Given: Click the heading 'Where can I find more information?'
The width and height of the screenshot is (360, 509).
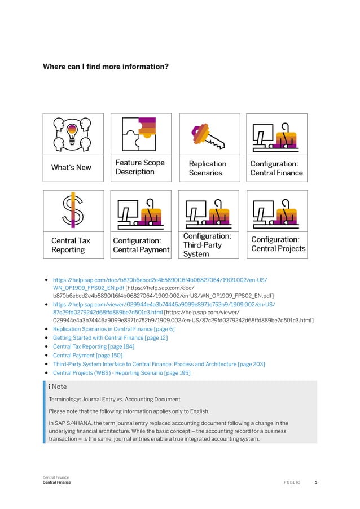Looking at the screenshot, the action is (106, 67).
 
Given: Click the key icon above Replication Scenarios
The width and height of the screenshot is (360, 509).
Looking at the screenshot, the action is (208, 135).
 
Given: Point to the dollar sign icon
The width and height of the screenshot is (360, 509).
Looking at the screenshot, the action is (73, 209).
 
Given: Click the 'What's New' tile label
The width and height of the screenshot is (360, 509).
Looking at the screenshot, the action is (71, 168).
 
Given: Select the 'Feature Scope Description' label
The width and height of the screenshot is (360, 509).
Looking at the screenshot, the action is (140, 167).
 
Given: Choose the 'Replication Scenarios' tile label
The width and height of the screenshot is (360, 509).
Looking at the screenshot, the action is (207, 168).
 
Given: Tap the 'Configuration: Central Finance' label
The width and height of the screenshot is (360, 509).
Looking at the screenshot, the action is (276, 168).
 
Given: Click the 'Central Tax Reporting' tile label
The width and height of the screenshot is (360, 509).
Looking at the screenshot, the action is (71, 245).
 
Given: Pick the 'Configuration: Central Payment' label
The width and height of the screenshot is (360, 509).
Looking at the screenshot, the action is (141, 245).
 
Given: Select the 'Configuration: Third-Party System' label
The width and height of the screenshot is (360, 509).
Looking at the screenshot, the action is (207, 245).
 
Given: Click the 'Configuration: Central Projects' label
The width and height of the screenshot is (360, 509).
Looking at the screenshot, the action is (278, 244).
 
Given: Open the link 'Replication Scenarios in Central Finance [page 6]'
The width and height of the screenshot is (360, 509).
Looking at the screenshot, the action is (113, 329).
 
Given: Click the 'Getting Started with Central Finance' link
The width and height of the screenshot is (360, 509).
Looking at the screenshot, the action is (110, 338).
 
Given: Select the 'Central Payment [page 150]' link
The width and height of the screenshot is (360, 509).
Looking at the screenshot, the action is (87, 356).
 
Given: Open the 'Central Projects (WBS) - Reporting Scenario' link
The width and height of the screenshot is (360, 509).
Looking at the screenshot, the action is (121, 373).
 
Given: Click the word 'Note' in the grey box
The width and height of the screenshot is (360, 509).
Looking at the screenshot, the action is (59, 387).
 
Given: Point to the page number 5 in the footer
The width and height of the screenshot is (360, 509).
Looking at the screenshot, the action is (316, 482).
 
